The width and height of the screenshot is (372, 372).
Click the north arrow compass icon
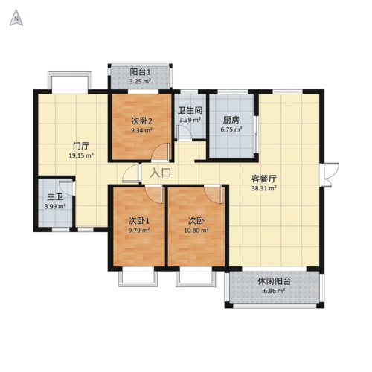16,18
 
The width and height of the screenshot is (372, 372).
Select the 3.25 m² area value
140,81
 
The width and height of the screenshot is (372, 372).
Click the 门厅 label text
81,146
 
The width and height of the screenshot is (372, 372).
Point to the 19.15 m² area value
81,155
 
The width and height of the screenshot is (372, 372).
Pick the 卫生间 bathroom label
190,110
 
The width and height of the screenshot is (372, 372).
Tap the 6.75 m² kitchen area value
231,129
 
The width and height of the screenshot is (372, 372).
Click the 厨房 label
231,121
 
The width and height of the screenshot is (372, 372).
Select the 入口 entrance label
161,173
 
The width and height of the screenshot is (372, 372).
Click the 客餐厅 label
264,179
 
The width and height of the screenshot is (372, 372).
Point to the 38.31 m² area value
264,188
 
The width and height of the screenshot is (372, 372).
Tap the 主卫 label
55,197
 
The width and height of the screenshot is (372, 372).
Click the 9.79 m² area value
139,231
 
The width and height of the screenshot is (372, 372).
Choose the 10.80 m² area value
196,231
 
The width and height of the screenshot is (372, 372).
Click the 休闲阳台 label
274,281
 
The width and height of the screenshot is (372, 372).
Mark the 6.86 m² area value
274,291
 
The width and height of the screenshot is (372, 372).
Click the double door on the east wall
329,175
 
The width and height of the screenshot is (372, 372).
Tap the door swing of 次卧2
161,152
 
